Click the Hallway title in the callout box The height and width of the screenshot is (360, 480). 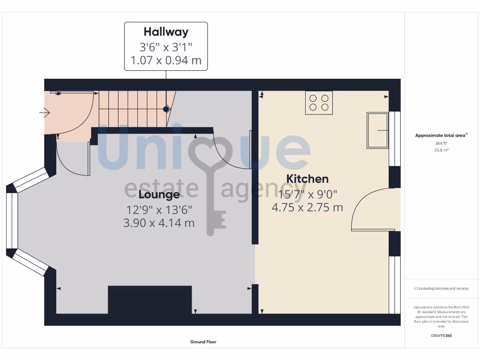(166, 32)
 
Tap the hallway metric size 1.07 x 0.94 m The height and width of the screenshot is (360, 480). (166, 61)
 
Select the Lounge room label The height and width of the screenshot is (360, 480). (159, 195)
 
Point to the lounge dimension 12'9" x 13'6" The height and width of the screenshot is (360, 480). (159, 210)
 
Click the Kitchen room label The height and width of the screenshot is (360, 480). (307, 179)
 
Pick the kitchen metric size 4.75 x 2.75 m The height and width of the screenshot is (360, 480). (307, 207)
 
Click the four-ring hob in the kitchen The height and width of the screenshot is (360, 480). (319, 103)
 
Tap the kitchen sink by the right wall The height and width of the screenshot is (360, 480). (377, 130)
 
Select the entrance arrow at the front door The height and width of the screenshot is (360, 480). (45, 112)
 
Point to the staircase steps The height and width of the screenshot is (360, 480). (131, 109)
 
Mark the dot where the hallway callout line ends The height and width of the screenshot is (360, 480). (166, 109)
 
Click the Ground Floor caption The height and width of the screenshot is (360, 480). (203, 342)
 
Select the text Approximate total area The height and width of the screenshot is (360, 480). (440, 135)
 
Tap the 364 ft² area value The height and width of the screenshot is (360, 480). (441, 143)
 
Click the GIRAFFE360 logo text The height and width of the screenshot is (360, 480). (441, 336)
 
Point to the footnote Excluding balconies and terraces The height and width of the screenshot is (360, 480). (441, 289)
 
